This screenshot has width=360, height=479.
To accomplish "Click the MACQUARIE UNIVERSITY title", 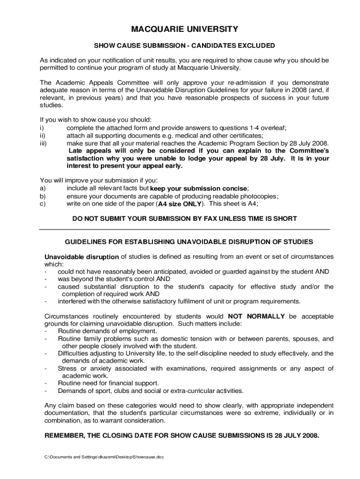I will click(185, 29).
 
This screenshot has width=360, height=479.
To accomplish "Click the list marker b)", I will click(43, 196).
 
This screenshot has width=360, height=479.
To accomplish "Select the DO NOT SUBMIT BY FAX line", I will click(185, 218).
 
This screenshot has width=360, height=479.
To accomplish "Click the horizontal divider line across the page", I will click(185, 229).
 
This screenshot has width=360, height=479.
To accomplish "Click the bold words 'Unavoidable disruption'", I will click(81, 257).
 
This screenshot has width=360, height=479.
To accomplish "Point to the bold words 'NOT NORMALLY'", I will click(256, 316).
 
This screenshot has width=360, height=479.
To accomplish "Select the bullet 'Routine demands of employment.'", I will click(107, 331).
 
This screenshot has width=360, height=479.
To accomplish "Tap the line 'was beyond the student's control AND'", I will click(114, 279).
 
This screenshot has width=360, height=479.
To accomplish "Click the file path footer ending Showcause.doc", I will click(102, 457).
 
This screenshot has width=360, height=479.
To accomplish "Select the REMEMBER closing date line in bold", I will click(182, 435).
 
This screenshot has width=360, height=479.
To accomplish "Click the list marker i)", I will click(42, 128).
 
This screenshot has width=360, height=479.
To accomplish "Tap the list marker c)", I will click(43, 204).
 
